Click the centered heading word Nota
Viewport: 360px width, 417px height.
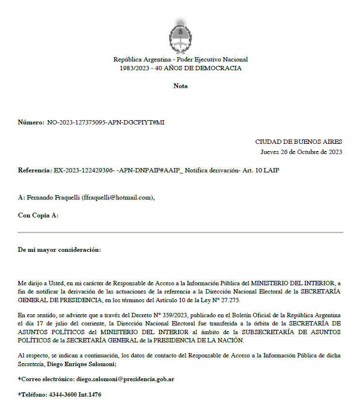180,86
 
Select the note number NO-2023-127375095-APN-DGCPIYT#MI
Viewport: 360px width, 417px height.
106,123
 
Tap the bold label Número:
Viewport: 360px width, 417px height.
31,123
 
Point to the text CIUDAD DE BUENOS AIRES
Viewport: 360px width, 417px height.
298,142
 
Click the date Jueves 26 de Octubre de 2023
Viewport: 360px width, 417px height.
301,152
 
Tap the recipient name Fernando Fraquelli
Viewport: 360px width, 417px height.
53,197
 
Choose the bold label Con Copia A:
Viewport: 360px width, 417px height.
38,216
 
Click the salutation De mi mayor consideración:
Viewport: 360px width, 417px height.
60,250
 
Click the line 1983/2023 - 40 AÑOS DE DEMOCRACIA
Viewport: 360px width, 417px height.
180,68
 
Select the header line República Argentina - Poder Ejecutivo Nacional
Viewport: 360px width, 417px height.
180,60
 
